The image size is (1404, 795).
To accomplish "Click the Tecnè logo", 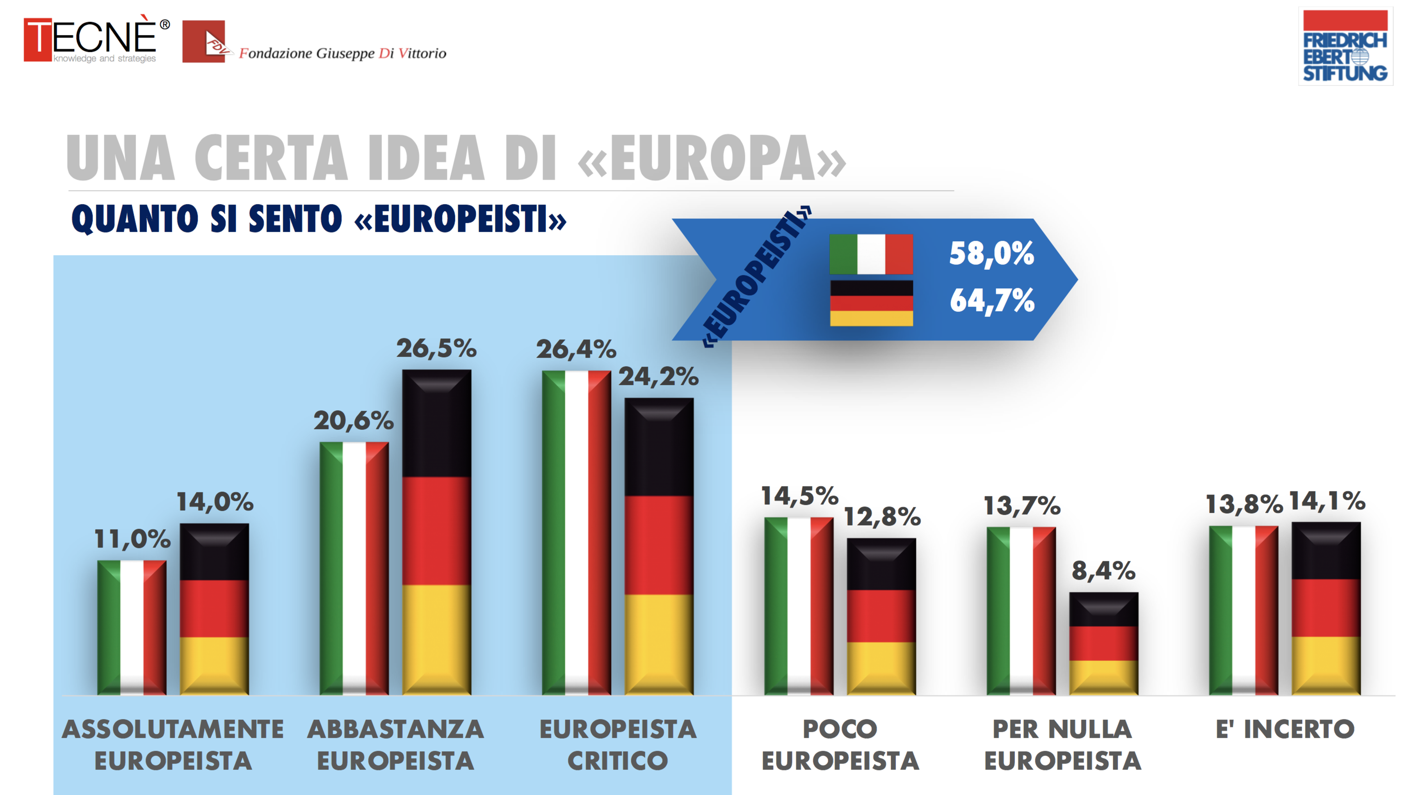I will coord(96,39).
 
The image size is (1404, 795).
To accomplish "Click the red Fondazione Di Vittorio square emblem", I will coord(203,41).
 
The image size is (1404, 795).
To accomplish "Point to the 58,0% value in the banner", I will coord(991,253).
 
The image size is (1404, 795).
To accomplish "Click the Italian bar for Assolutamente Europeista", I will coord(132,628).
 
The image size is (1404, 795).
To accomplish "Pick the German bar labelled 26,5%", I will coord(436,532).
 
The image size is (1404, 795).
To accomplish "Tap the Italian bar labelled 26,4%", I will coord(576,532).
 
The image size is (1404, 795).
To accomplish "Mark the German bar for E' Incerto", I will coord(1326,608).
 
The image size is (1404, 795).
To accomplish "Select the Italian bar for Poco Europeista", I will coord(798,606).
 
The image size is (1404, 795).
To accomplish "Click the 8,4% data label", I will coord(1103,571).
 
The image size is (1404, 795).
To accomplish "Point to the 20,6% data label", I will coord(353,420).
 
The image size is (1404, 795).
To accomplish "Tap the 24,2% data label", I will coord(658,376).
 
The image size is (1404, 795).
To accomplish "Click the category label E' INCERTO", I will coord(1285,729).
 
